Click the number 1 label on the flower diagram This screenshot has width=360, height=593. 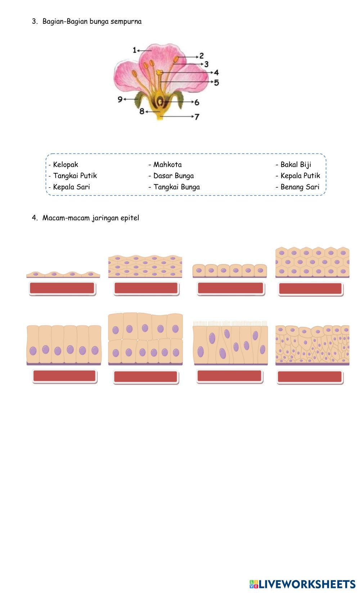135,50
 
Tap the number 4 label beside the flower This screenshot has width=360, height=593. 216,72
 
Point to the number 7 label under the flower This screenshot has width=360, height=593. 197,117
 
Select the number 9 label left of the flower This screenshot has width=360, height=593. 120,99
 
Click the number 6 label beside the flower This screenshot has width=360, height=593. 197,102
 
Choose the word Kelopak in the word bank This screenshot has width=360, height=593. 65,165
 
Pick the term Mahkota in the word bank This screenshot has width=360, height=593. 167,165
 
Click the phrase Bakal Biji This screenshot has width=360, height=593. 296,165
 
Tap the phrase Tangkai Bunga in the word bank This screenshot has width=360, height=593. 176,187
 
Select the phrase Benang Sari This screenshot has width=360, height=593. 300,187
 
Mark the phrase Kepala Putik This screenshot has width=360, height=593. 300,176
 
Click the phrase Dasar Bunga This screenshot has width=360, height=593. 174,176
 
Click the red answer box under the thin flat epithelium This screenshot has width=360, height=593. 62,288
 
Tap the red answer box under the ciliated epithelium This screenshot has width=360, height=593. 229,376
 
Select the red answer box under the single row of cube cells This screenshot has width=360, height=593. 230,288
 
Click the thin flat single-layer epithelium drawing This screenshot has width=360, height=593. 63,274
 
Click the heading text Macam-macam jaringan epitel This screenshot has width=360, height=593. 91,218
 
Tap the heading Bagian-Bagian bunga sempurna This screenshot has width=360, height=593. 92,21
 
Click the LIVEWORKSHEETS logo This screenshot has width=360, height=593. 302,584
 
